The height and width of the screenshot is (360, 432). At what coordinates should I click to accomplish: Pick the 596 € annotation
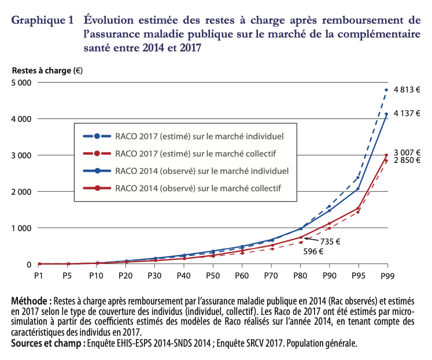(x=313, y=251)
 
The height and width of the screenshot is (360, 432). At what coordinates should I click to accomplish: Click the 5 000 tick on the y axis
(x=21, y=82)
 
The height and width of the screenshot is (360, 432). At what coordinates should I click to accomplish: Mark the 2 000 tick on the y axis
(x=21, y=191)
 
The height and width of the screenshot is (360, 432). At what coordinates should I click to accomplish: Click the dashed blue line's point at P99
(x=386, y=90)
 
